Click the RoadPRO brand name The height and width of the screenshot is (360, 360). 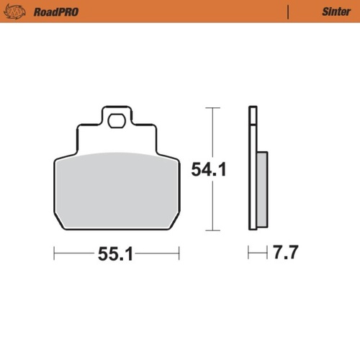(56, 12)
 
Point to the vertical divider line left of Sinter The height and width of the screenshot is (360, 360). (289, 12)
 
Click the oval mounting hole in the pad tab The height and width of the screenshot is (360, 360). (116, 121)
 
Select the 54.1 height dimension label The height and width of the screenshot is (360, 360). (209, 171)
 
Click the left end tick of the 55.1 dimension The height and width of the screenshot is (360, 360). (55, 253)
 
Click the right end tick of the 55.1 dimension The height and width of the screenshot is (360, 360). (179, 253)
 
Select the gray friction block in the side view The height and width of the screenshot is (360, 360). (261, 187)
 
